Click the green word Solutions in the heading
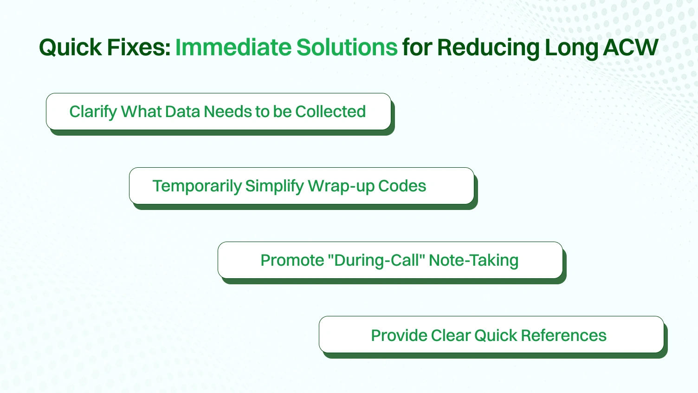point(347,48)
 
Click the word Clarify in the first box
point(93,112)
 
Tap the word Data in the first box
point(182,111)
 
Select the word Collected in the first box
point(330,111)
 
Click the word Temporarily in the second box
point(197,186)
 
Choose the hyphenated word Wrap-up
point(341,186)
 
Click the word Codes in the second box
point(402,186)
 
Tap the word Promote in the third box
point(292,260)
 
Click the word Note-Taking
point(473,260)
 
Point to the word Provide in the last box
point(399,335)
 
